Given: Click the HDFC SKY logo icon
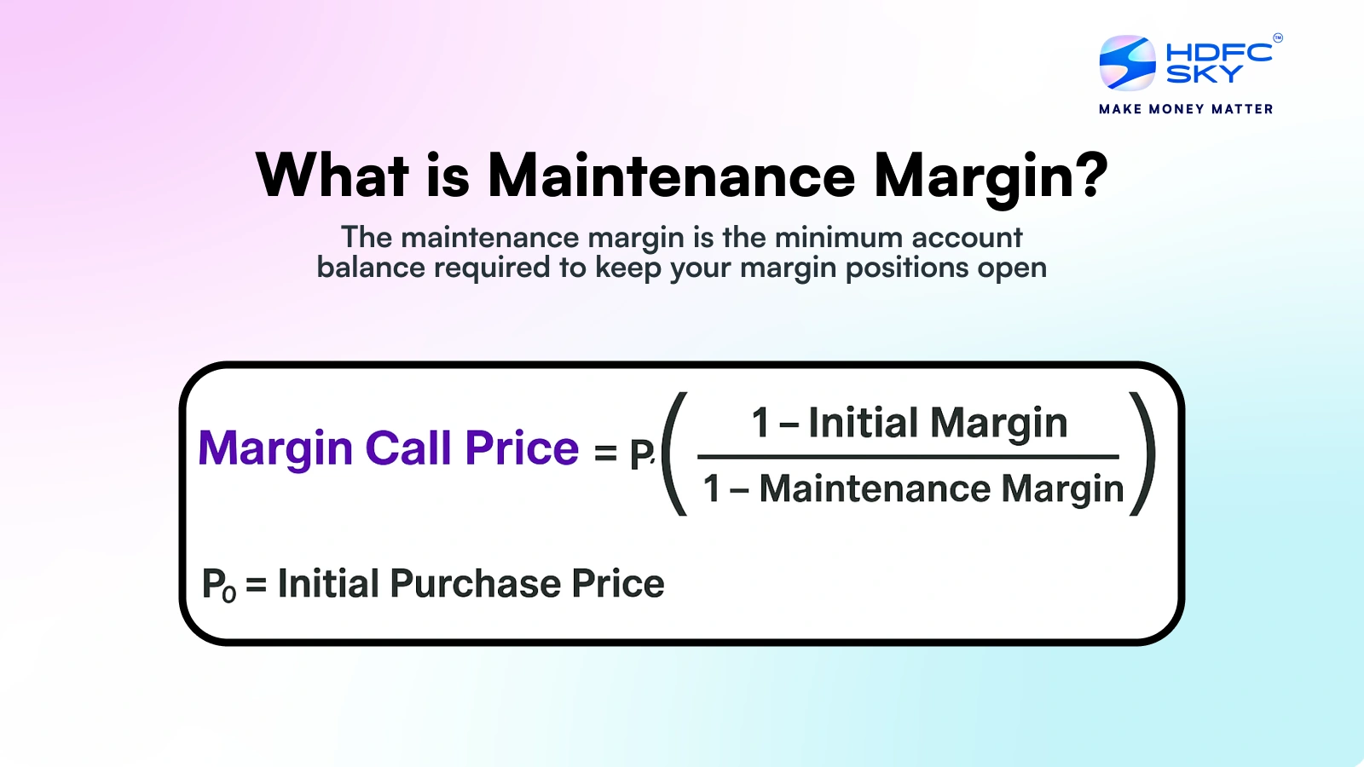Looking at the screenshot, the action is click(x=1127, y=63).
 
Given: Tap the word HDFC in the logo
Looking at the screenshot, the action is click(x=1219, y=52).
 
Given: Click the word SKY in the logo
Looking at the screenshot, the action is click(x=1204, y=73).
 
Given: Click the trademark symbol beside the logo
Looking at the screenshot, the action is click(x=1278, y=37).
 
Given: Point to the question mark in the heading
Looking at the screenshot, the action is click(x=1090, y=175).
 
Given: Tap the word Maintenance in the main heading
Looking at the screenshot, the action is click(x=672, y=176).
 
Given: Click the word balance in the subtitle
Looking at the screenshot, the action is click(x=371, y=268).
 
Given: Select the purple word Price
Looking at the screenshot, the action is click(x=522, y=448).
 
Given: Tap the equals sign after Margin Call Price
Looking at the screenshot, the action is click(x=605, y=453).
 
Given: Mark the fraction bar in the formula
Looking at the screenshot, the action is click(x=908, y=457).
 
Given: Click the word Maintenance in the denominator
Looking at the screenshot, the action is click(x=875, y=489).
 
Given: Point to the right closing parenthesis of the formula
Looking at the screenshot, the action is click(x=1143, y=454).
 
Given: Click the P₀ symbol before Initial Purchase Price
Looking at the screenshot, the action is click(x=218, y=585).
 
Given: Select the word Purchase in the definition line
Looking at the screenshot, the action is click(x=475, y=583).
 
